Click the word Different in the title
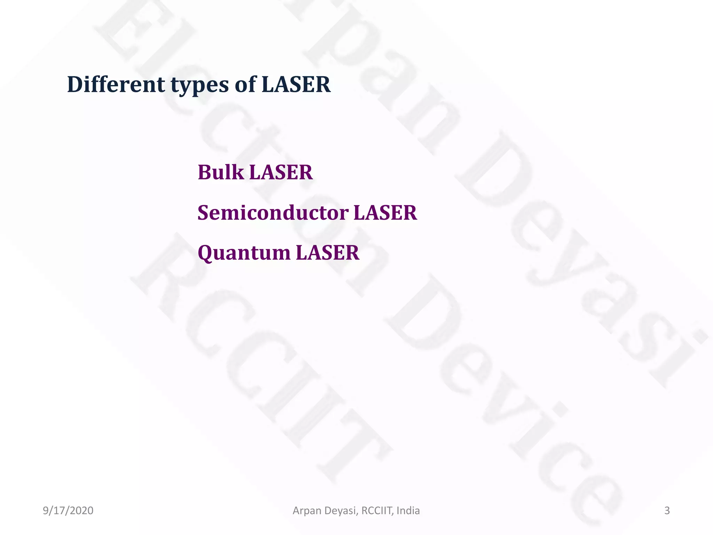(x=116, y=84)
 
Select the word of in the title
(x=245, y=84)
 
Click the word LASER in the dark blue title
(x=296, y=84)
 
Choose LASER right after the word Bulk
(x=281, y=172)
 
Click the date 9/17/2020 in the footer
(x=68, y=511)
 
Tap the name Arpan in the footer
(x=307, y=511)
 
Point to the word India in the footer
(x=408, y=511)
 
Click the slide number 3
(x=667, y=511)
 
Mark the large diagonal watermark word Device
(x=505, y=401)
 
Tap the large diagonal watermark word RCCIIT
(x=261, y=359)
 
